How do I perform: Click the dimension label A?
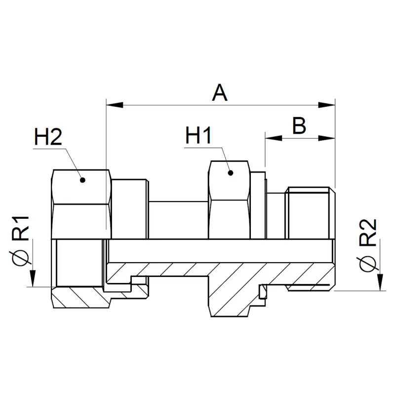[220, 93]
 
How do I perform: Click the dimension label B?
[299, 125]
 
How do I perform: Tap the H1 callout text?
[198, 135]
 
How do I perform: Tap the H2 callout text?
[48, 137]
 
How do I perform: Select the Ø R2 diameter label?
[368, 245]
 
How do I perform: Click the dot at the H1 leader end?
[230, 173]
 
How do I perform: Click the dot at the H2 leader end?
[82, 180]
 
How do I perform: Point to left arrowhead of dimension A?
[115, 105]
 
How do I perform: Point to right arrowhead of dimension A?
[327, 105]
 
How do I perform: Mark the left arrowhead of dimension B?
[274, 138]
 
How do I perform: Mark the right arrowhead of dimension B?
[327, 138]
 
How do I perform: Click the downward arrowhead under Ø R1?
[33, 278]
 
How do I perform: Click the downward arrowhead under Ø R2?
[380, 282]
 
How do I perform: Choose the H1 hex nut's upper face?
[229, 181]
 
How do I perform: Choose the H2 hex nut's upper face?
[81, 187]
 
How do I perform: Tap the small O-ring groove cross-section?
[263, 292]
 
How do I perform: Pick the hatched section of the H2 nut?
[80, 297]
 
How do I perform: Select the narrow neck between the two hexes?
[178, 220]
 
